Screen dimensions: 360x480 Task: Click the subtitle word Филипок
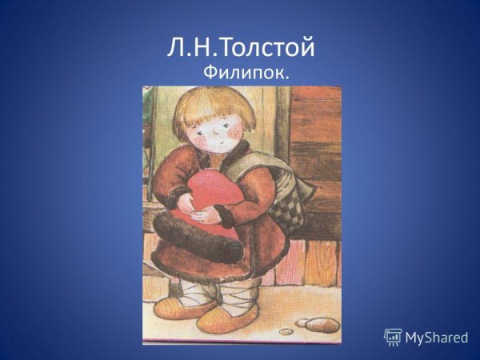click(246, 74)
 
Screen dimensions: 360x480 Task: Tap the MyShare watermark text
click(436, 338)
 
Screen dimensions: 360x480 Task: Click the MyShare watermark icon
click(393, 337)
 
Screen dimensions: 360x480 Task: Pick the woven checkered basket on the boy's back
click(284, 204)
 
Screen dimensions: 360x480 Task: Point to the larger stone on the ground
click(321, 324)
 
